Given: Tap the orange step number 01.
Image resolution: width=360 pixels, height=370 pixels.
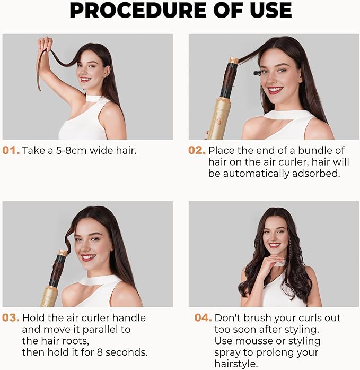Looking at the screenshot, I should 11,150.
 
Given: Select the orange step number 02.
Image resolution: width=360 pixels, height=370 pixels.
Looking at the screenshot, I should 197,150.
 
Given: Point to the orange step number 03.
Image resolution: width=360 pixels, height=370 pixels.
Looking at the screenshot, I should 11,318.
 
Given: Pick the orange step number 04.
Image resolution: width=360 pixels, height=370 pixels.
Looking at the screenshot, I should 203,318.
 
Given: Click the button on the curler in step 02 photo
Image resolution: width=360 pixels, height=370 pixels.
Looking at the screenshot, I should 217,121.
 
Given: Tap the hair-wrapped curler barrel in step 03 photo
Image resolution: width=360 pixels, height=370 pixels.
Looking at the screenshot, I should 56,270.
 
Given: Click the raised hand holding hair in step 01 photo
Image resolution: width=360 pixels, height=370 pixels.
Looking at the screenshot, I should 46,44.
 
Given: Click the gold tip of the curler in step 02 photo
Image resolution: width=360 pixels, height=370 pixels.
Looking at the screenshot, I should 233,61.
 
